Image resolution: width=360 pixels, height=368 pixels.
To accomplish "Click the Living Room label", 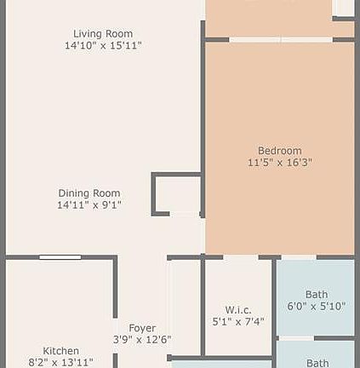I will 101,33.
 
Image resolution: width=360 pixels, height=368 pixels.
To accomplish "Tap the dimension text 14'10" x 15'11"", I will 102,45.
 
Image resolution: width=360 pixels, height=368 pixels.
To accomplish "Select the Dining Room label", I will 89,193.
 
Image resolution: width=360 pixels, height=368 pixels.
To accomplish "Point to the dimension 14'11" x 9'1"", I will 89,204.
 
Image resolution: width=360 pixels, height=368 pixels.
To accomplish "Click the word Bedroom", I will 280,151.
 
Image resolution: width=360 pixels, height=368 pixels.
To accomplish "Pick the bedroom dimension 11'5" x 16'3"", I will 280,162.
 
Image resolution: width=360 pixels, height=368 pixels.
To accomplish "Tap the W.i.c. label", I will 237,309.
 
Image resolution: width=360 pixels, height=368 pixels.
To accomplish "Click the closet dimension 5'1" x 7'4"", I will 238,322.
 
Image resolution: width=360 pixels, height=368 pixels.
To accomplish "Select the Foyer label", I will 142,328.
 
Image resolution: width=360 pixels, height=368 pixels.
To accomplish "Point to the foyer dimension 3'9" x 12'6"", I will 142,340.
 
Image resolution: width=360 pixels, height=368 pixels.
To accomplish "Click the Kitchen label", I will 61,351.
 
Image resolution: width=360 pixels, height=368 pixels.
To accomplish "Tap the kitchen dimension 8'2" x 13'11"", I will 61,362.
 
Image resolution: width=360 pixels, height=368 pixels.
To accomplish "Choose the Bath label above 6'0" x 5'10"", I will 317,294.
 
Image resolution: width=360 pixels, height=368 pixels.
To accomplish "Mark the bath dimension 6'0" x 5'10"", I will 317,306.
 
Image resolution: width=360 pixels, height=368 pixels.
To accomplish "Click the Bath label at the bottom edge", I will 317,363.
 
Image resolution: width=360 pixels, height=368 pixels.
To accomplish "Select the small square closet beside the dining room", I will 177,195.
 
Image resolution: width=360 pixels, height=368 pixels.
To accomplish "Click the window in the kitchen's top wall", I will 60,256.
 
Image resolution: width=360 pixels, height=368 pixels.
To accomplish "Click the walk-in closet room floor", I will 237,285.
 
